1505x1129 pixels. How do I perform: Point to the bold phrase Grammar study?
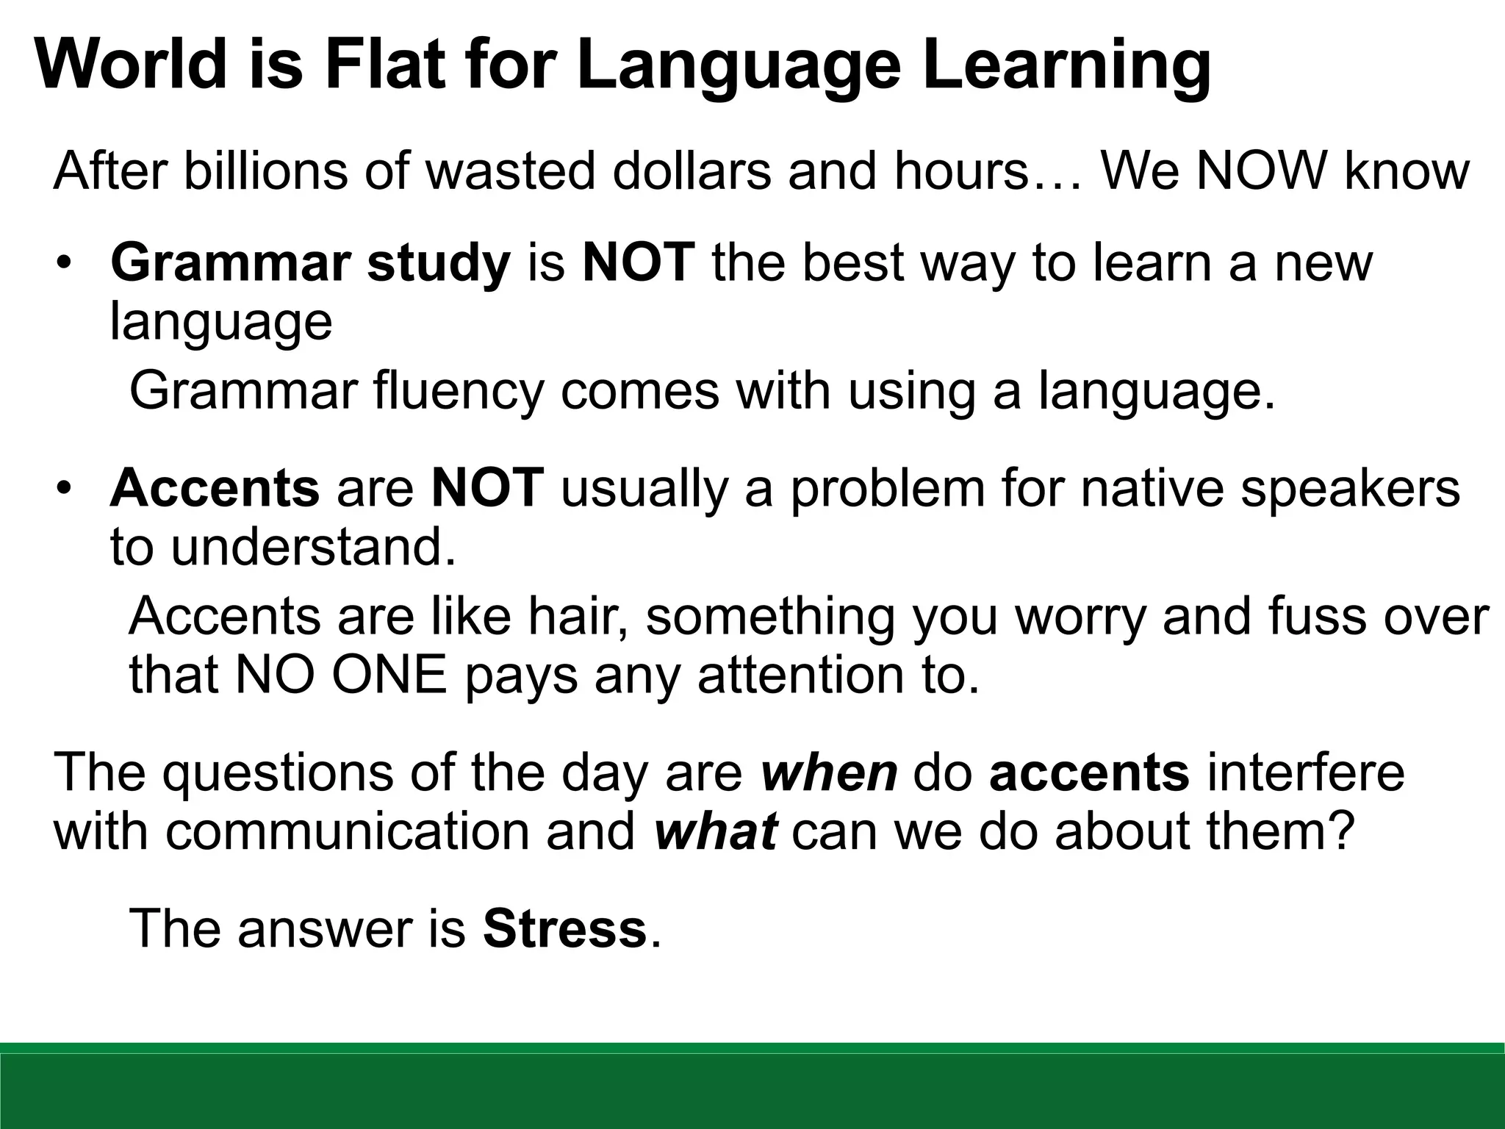tap(310, 262)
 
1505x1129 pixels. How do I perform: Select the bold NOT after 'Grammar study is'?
tap(638, 262)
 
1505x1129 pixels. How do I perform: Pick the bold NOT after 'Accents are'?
tap(487, 488)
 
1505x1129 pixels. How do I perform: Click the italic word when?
tap(829, 773)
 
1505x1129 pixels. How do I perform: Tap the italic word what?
tap(714, 831)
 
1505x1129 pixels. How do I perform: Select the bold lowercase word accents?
tap(1089, 773)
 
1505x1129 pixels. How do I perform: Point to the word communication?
tap(347, 831)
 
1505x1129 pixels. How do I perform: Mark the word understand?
tap(313, 547)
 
